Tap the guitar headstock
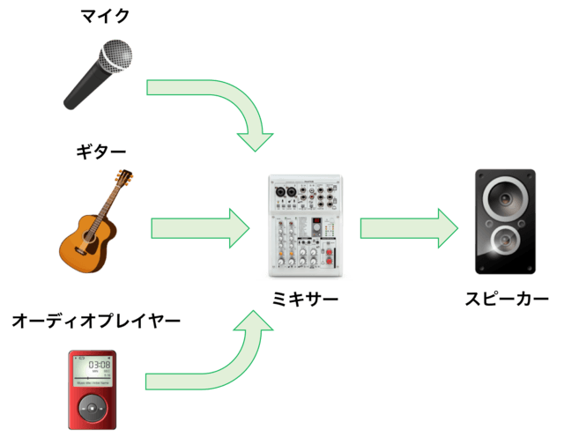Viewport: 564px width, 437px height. [125, 179]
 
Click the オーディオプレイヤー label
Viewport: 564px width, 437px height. [95, 321]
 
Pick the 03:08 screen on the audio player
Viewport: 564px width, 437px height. [95, 365]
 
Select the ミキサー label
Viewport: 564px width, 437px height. [305, 301]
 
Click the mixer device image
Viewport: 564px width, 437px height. [305, 226]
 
